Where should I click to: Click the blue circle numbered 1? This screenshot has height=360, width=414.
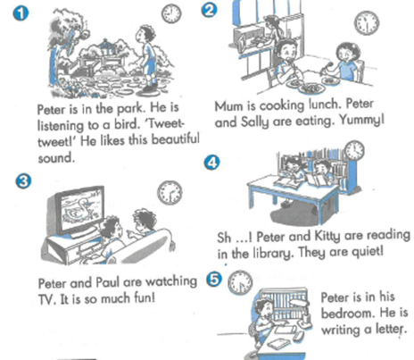21,14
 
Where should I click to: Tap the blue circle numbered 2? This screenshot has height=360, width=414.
209,10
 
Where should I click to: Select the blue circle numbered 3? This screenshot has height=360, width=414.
23,181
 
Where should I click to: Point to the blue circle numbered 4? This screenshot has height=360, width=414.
212,163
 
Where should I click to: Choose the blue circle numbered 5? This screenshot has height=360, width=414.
214,280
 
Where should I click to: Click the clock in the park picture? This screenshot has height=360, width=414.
171,14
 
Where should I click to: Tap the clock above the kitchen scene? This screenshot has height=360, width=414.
367,23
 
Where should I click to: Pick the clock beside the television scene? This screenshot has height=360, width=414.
170,193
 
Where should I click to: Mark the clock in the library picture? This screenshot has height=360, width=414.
354,150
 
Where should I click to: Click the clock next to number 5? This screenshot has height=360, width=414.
240,283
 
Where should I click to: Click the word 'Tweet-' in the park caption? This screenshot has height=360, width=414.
166,123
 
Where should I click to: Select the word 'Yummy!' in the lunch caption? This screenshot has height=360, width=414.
361,120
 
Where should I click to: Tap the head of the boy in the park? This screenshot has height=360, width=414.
145,34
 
